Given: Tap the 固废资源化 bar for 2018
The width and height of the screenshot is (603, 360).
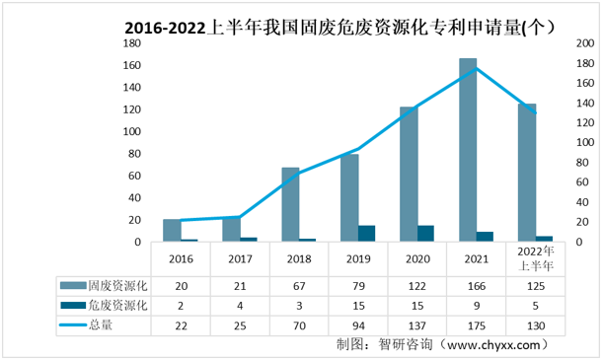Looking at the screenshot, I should coord(290,204).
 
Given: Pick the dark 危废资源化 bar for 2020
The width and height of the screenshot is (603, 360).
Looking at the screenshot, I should coord(425,234).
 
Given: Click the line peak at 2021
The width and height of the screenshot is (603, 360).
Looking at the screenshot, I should coord(477,68).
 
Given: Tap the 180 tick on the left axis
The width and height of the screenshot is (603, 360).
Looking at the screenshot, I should coord(131,44).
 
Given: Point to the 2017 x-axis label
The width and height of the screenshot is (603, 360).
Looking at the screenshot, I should coord(240,258).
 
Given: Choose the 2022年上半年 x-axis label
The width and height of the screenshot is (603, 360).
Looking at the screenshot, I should coord(536,258).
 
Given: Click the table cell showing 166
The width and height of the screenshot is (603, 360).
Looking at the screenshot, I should coord(477,285).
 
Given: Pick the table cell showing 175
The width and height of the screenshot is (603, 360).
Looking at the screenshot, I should coord(477,324).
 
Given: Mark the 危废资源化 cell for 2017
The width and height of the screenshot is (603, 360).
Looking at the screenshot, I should coord(240,305).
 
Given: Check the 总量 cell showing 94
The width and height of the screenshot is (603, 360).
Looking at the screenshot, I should coord(358,324).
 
